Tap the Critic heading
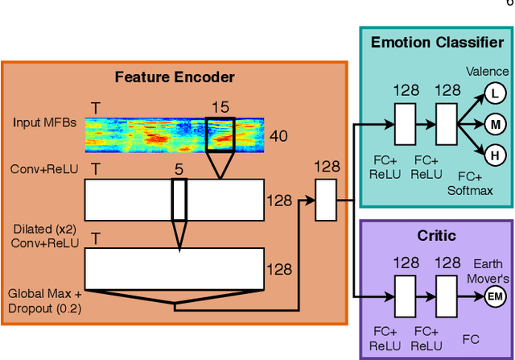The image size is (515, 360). [x=435, y=236]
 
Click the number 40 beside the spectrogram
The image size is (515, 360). [x=278, y=136]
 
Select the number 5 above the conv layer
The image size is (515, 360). [x=179, y=170]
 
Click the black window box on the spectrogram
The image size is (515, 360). [x=220, y=134]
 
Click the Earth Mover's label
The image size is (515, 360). [x=488, y=271]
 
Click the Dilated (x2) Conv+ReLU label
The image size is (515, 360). [x=45, y=236]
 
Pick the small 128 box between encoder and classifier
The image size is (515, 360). [x=326, y=201]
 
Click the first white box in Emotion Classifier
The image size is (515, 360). [x=405, y=124]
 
